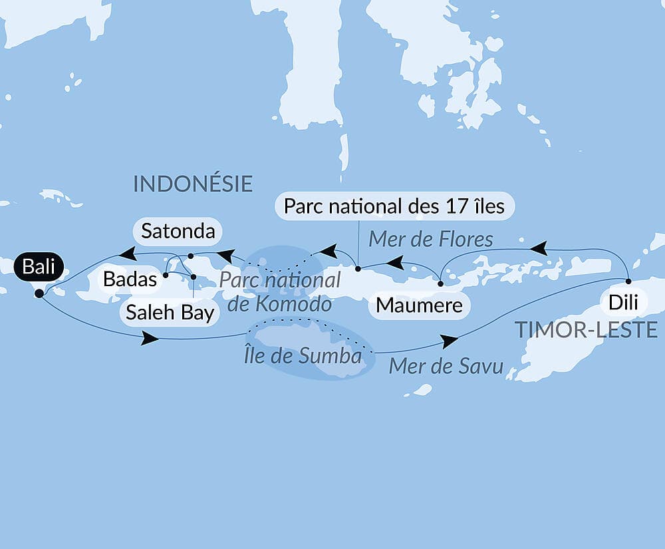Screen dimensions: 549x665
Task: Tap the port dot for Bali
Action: coord(39,293)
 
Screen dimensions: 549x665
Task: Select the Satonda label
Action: coord(178,232)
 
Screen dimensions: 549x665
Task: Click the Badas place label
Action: coord(130,279)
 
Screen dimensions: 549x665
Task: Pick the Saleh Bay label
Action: coord(170,313)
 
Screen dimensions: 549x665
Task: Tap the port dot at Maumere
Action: coord(440,283)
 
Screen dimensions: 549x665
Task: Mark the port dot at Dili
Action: coord(628,281)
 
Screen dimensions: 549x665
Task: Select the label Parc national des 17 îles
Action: coord(394,206)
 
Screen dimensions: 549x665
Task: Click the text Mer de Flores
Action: coord(432,239)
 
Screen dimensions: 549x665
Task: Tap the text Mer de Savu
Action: coord(446,366)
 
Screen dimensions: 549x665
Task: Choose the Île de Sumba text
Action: coord(303,355)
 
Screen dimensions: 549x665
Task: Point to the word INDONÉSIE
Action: coord(193,184)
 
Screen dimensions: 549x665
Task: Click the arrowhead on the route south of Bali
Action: coord(150,339)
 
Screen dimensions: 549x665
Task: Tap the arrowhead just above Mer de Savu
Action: coord(450,341)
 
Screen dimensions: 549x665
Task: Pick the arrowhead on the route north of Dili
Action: coord(538,249)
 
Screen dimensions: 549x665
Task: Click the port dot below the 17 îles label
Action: coord(358,270)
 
